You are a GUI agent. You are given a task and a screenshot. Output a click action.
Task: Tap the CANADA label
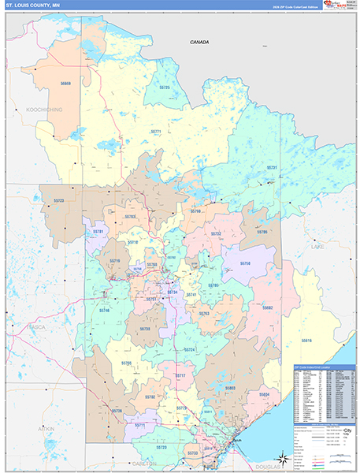point(199,42)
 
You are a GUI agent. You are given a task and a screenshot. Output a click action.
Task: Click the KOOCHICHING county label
point(44,110)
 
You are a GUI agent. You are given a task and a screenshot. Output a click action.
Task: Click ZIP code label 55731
point(272,168)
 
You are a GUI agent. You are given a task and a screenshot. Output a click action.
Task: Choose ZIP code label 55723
point(58,201)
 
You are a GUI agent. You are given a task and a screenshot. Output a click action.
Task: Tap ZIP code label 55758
point(245,263)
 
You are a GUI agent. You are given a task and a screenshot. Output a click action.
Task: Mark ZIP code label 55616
point(306,340)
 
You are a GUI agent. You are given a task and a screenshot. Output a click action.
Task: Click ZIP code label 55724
point(190,348)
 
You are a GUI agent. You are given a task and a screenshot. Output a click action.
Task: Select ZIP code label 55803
point(230,389)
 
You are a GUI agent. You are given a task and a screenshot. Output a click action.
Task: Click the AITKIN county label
point(44,429)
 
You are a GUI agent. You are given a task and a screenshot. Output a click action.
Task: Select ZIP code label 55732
point(216,234)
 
